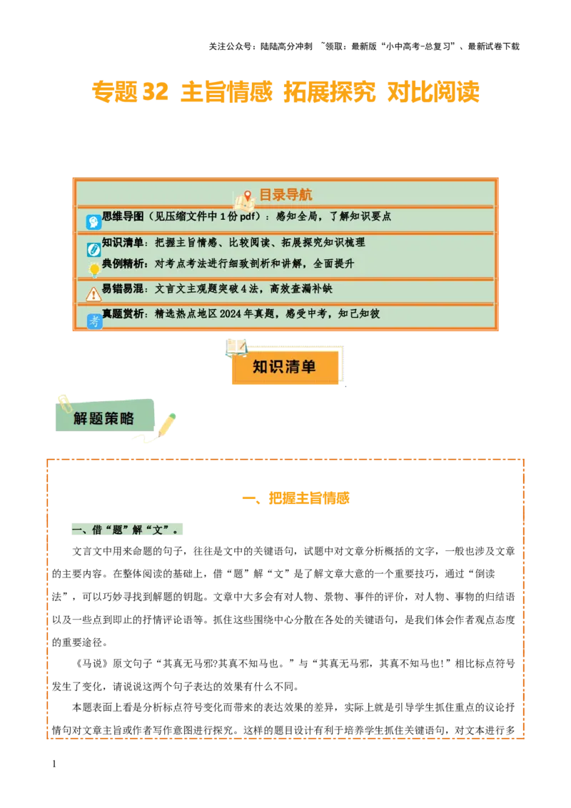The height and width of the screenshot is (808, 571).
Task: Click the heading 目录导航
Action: [x=285, y=195]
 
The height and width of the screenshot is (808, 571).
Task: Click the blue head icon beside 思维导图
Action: [x=94, y=222]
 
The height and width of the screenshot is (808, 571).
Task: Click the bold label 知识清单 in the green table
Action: [x=123, y=243]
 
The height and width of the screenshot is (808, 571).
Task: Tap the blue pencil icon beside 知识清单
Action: [x=94, y=249]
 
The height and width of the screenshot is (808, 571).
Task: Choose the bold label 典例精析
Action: [x=123, y=263]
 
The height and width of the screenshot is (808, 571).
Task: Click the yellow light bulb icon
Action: [x=94, y=270]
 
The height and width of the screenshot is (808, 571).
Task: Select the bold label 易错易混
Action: [x=123, y=289]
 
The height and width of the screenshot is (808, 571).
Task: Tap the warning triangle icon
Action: [x=94, y=294]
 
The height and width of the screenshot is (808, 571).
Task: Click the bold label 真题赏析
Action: [x=123, y=314]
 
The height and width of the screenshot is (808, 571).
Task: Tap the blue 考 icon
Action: [x=94, y=321]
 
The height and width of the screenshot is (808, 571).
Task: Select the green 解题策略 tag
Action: [x=104, y=418]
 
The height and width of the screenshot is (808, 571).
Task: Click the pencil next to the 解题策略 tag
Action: [x=166, y=424]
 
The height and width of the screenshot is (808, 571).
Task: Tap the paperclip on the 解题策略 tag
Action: [x=64, y=403]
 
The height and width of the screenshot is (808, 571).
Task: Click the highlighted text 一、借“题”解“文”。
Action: [x=129, y=529]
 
